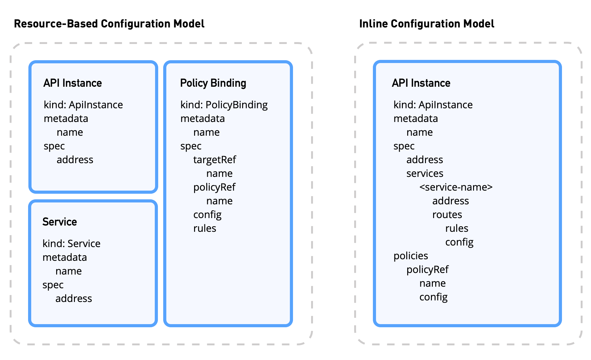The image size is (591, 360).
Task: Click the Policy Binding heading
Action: tap(213, 83)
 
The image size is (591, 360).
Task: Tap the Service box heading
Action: tap(60, 222)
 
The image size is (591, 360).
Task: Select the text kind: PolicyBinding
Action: tap(224, 105)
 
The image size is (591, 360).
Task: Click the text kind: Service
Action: tap(71, 244)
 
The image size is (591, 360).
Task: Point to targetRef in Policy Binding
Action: tap(214, 160)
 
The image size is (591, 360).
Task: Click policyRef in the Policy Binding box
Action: tap(214, 187)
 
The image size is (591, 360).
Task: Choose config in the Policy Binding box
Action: tap(207, 215)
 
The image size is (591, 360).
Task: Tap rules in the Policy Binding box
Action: tap(205, 228)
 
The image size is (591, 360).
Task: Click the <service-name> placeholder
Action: tap(456, 187)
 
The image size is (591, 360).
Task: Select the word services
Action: tap(425, 173)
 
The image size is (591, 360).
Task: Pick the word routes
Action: tap(447, 215)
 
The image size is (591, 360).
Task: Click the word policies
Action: tap(411, 256)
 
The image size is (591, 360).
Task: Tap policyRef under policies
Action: tap(427, 270)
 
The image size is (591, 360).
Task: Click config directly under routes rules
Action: tap(459, 242)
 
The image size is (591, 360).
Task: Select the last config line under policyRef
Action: tap(433, 297)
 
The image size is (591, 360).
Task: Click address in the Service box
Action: tap(74, 299)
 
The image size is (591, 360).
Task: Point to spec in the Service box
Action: tap(53, 285)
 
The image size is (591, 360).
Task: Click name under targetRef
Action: tap(219, 173)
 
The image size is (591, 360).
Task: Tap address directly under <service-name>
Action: tap(450, 201)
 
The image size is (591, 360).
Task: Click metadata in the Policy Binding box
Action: tap(203, 119)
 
